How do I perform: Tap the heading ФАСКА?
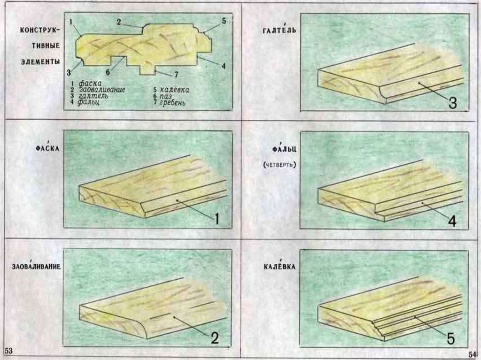47,147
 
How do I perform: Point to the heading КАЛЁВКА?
279,266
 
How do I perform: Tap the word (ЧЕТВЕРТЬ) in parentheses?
279,165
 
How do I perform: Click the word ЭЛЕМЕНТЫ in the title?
40,61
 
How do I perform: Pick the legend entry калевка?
175,90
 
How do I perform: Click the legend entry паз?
166,96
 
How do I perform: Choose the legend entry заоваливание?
102,90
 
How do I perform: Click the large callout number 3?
452,103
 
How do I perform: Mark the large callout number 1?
217,219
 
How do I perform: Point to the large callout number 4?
452,221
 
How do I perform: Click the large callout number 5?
450,338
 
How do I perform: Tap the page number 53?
8,351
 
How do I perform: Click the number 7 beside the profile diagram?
177,74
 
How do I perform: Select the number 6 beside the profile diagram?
108,72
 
